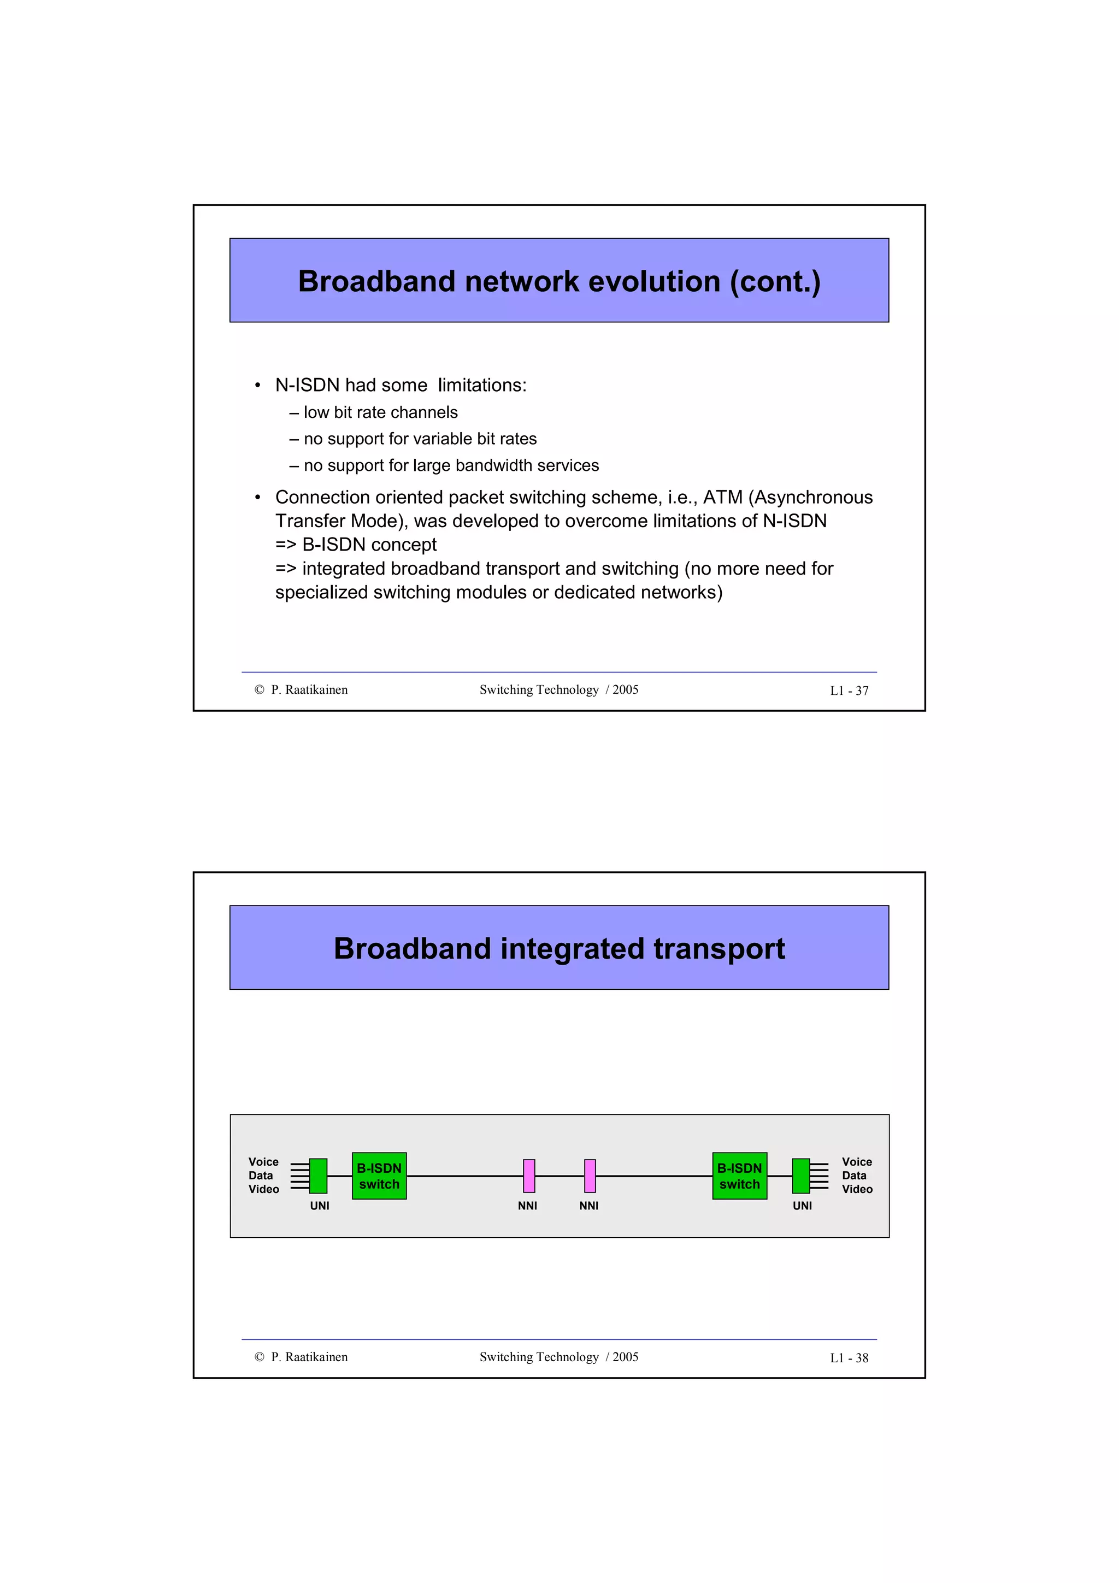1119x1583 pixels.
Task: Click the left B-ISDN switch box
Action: point(379,1176)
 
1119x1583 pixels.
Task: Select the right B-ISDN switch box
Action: point(739,1176)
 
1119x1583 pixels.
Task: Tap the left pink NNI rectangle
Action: point(529,1176)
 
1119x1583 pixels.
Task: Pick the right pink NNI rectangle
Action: point(590,1176)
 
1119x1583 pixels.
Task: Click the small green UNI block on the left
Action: point(318,1176)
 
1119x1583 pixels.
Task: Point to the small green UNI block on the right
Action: point(800,1176)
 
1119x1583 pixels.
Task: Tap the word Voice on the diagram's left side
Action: point(263,1162)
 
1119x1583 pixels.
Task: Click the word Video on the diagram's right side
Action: point(857,1189)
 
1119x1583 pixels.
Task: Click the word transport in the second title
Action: point(719,949)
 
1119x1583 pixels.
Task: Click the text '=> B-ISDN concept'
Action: point(356,545)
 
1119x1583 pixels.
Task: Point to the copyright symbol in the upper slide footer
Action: point(259,689)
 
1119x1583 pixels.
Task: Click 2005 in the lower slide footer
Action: point(626,1357)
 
